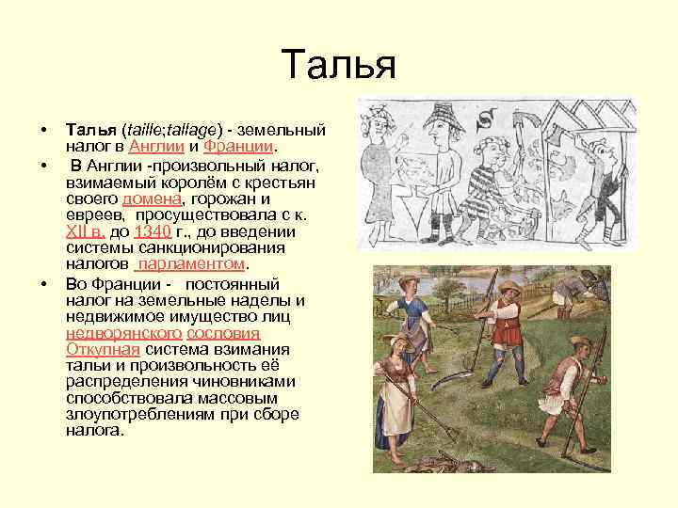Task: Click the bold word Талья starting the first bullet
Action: (x=89, y=127)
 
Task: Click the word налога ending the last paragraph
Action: (x=94, y=432)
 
